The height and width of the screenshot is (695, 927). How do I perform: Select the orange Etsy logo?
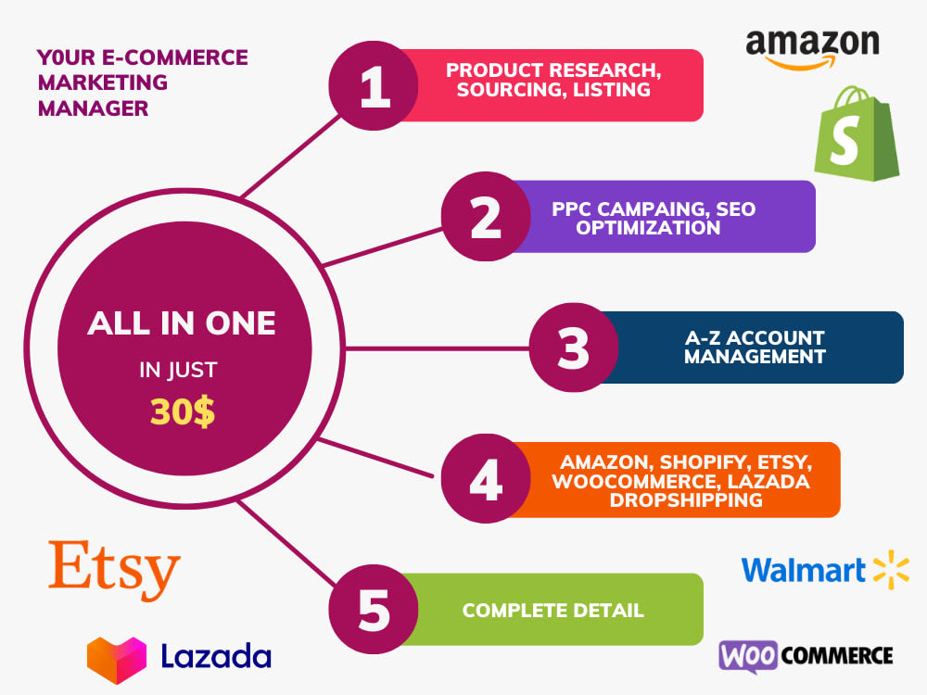[x=114, y=570]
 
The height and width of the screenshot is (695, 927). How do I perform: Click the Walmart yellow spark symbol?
[x=892, y=570]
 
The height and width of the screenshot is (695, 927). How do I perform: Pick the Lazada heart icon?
[x=117, y=660]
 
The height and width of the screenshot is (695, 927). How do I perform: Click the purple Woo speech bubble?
[x=748, y=656]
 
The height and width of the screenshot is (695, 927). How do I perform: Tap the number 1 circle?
[x=374, y=85]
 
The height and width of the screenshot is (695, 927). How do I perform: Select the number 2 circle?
[x=486, y=216]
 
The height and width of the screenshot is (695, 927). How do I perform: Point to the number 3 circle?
[x=574, y=347]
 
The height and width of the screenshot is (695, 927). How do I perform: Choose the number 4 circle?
[x=486, y=479]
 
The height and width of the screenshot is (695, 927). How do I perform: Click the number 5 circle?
[x=374, y=610]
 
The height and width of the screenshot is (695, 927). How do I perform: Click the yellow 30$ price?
[x=183, y=412]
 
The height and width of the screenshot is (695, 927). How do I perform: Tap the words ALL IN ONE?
[x=182, y=323]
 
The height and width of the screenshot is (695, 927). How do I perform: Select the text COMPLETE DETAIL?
[x=552, y=611]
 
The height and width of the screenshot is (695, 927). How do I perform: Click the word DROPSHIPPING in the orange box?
[x=686, y=500]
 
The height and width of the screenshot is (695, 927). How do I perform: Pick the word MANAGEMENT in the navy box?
[x=755, y=357]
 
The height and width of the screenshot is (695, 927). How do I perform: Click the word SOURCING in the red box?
[x=512, y=90]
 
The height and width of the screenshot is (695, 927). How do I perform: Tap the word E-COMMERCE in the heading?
[x=175, y=57]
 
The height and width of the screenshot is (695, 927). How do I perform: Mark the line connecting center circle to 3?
[x=437, y=348]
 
